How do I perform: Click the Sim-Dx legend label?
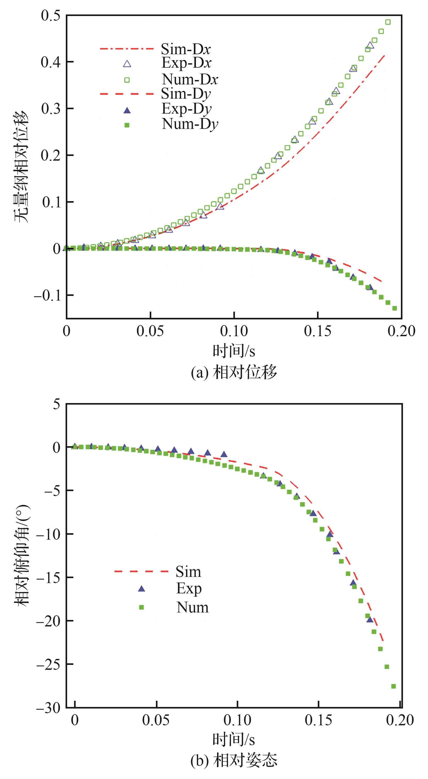[186, 49]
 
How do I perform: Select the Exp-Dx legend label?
[186, 63]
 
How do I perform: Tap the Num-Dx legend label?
[190, 79]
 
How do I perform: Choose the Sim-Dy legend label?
[186, 94]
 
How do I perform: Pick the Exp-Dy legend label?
[186, 109]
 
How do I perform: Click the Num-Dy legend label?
[190, 124]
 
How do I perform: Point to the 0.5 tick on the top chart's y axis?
[51, 16]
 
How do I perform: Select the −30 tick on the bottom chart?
[48, 708]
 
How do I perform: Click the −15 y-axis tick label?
[48, 577]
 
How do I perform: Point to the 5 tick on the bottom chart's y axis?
[57, 404]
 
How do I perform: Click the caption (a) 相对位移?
[234, 372]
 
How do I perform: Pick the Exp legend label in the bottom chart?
[189, 588]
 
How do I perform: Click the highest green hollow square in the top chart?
[388, 22]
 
